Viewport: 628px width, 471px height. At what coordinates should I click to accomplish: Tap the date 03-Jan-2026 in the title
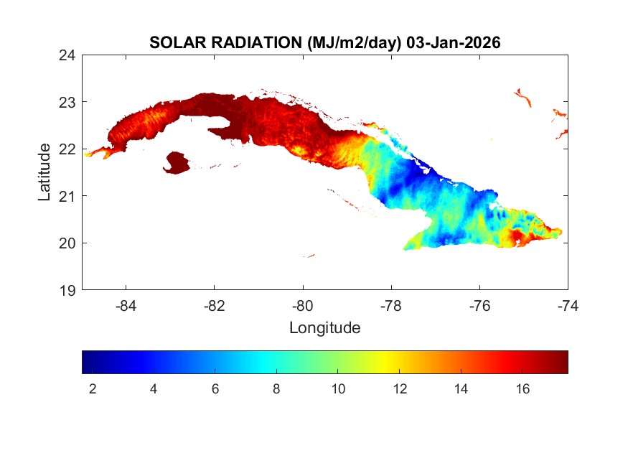(x=454, y=43)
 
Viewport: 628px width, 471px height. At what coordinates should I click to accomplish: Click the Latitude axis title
(x=44, y=172)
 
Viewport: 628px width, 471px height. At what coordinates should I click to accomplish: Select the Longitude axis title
(x=324, y=328)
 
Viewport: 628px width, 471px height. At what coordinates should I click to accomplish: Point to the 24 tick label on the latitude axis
(x=68, y=55)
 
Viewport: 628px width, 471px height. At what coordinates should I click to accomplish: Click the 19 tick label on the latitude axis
(x=68, y=290)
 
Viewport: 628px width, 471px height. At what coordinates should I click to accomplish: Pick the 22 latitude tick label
(x=68, y=149)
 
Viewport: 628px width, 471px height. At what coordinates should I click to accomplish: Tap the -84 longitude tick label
(x=126, y=306)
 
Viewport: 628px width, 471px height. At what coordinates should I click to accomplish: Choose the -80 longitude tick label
(x=303, y=306)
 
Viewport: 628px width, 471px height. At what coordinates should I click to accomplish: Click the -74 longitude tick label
(x=567, y=306)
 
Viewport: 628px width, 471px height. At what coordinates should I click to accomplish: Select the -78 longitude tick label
(x=391, y=306)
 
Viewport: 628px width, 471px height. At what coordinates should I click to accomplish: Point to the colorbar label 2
(x=93, y=389)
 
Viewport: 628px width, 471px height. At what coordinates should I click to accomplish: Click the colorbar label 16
(x=522, y=389)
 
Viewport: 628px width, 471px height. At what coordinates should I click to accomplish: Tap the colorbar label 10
(x=338, y=389)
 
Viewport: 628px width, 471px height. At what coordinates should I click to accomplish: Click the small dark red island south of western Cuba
(x=177, y=162)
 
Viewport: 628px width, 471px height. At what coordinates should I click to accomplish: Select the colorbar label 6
(x=215, y=389)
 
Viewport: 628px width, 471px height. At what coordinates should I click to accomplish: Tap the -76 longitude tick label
(x=479, y=306)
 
